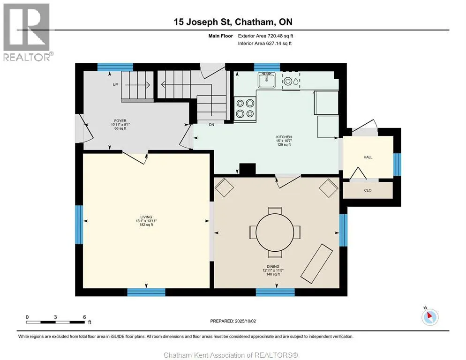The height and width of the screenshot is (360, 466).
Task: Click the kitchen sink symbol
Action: pyautogui.click(x=267, y=80)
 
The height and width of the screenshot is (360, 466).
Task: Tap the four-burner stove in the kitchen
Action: pyautogui.click(x=245, y=108)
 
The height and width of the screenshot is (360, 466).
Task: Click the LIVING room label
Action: pyautogui.click(x=146, y=217)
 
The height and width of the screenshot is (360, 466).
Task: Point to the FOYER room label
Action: pyautogui.click(x=120, y=120)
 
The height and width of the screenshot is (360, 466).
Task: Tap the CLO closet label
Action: pyautogui.click(x=368, y=190)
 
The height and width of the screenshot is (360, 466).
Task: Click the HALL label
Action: pyautogui.click(x=368, y=157)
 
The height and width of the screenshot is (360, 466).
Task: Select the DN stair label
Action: pyautogui.click(x=211, y=125)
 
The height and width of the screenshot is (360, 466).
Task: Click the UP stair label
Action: pyautogui.click(x=115, y=84)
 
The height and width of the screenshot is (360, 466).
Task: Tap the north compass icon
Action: pyautogui.click(x=430, y=316)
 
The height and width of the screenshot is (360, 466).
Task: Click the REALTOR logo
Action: pyautogui.click(x=27, y=32)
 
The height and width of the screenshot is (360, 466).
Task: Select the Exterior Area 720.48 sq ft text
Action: pyautogui.click(x=265, y=36)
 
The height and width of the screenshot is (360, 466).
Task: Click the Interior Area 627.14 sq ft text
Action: pyautogui.click(x=264, y=44)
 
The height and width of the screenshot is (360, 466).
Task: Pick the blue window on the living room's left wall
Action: pyautogui.click(x=79, y=225)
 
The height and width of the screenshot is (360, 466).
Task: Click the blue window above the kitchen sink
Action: pyautogui.click(x=267, y=67)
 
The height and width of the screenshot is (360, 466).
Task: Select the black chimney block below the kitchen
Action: pyautogui.click(x=248, y=169)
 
